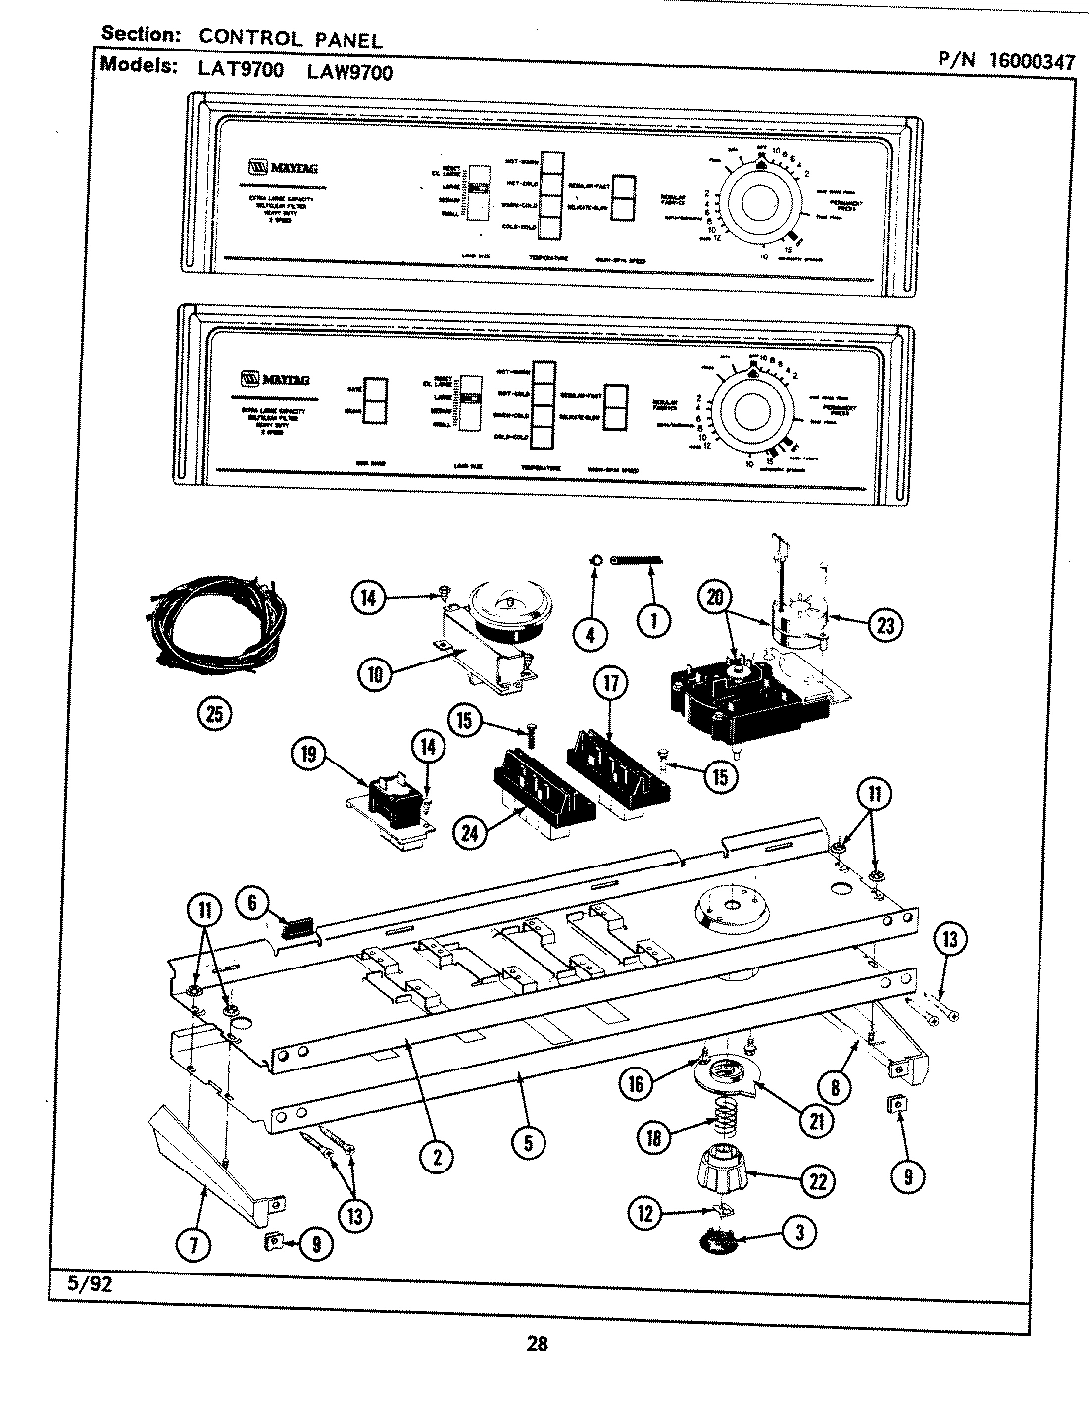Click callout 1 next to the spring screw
[651, 620]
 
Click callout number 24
[470, 833]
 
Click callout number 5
[528, 1142]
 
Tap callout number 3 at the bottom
[799, 1232]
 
